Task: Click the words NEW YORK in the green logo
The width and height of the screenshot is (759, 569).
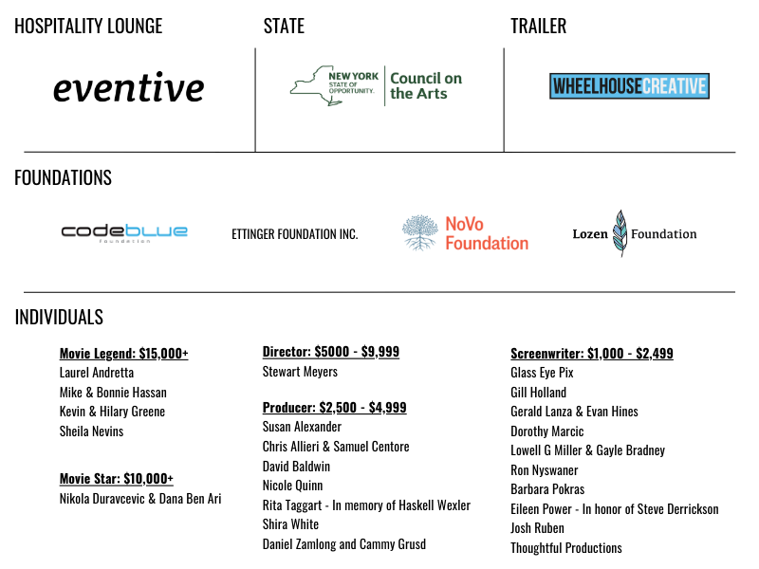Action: pyautogui.click(x=353, y=76)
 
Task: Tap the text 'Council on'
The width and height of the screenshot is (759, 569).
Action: pyautogui.click(x=426, y=79)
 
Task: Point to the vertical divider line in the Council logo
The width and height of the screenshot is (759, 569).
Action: pyautogui.click(x=384, y=85)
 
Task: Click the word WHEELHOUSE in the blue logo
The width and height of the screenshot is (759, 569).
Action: pyautogui.click(x=597, y=86)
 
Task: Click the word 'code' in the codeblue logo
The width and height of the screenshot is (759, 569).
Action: pyautogui.click(x=92, y=230)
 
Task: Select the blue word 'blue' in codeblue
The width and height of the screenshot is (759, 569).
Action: pyautogui.click(x=157, y=230)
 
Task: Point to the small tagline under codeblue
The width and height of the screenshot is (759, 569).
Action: pyautogui.click(x=124, y=241)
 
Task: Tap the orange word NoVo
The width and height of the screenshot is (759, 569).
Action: pyautogui.click(x=465, y=224)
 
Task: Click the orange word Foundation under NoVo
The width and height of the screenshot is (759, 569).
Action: pyautogui.click(x=487, y=244)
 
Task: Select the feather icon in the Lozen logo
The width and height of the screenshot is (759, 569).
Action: pyautogui.click(x=620, y=233)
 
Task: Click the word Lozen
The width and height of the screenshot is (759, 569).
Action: pyautogui.click(x=589, y=234)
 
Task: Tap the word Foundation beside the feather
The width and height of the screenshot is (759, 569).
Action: pyautogui.click(x=664, y=234)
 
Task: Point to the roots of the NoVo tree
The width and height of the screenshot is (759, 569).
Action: pyautogui.click(x=419, y=244)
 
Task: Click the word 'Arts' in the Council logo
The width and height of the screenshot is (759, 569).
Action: pyautogui.click(x=432, y=94)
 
